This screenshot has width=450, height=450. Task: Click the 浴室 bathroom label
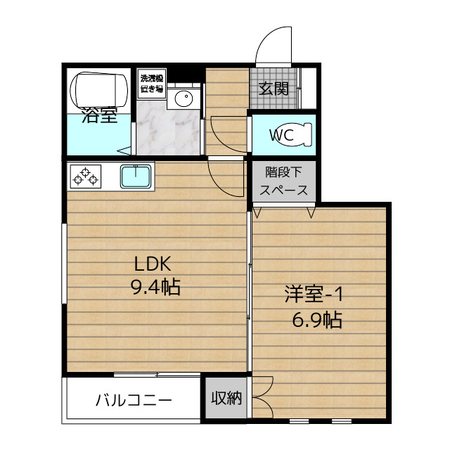[x=99, y=116]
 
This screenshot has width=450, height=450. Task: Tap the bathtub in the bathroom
[x=99, y=88]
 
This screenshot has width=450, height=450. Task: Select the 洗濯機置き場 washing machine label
[x=151, y=84]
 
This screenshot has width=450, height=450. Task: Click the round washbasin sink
[x=184, y=99]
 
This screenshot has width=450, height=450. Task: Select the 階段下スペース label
[x=283, y=181]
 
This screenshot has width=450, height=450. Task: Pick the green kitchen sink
[x=136, y=176]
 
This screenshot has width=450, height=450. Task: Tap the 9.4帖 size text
[x=155, y=287]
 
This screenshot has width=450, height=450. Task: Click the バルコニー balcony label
[x=134, y=401]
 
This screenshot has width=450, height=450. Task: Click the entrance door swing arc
[x=273, y=46]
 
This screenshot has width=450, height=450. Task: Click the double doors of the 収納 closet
[x=262, y=399]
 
